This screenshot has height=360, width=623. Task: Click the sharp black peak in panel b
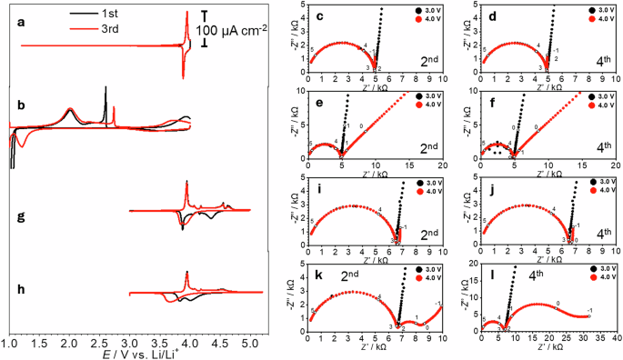(106, 89)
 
